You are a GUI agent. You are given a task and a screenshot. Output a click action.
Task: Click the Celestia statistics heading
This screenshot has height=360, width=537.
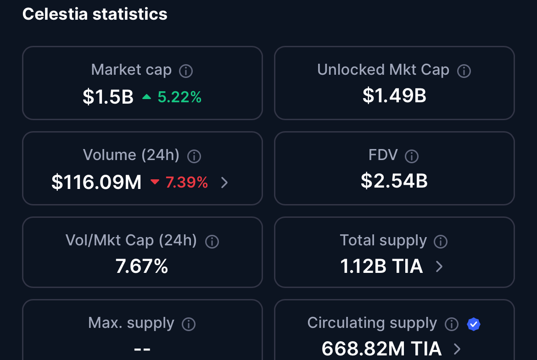pos(95,14)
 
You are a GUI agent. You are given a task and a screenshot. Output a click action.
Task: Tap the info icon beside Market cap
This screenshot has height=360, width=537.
pos(185,71)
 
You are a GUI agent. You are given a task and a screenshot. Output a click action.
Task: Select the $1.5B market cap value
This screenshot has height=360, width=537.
pos(108,97)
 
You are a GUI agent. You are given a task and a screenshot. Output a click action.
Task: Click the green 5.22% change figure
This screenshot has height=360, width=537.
pos(179,97)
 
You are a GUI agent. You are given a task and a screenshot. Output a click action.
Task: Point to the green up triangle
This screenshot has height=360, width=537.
pos(146,97)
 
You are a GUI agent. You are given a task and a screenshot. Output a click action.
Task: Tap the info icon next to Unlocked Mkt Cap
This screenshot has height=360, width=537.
pos(464,71)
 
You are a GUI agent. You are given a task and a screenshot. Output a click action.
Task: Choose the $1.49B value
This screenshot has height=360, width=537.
pos(394,96)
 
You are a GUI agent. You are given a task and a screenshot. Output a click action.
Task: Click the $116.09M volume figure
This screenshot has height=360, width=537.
pos(96,183)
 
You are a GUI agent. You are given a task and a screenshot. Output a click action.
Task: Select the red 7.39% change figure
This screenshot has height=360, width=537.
pos(187,183)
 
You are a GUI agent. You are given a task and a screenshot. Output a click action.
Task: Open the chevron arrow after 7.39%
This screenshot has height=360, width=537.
pos(224,183)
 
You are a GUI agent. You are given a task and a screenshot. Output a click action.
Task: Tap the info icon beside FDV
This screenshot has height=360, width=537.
pos(412,156)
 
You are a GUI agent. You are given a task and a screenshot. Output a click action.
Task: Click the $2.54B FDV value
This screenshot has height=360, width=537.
pos(394,181)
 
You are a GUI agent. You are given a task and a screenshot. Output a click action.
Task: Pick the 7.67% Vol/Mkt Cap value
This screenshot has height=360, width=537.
pos(142,266)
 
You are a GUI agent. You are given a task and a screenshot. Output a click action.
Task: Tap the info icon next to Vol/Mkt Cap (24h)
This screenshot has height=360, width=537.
pos(212,242)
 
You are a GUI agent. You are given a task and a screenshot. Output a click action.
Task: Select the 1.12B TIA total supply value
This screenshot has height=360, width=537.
pos(381,266)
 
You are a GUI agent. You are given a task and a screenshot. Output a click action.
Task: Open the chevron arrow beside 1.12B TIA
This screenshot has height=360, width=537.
pos(439,266)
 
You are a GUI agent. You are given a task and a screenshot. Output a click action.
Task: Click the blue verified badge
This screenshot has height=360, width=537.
pos(474,324)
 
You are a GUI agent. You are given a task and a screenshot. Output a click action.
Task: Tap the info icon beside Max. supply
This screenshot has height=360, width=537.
pos(189,324)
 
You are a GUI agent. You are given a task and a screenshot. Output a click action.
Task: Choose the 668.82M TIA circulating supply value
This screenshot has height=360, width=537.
pos(381,349)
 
